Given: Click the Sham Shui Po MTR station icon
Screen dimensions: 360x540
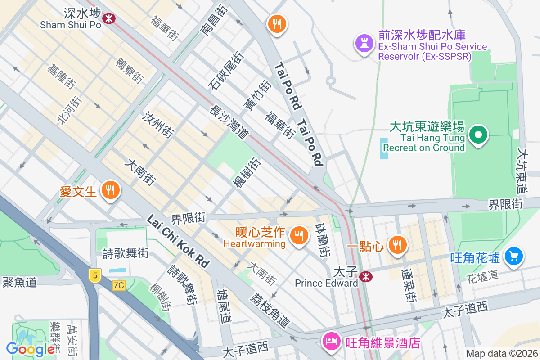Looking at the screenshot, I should (x=108, y=18).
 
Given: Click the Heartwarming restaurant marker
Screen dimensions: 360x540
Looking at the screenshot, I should (x=297, y=234).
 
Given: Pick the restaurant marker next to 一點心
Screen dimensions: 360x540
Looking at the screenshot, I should (x=396, y=245).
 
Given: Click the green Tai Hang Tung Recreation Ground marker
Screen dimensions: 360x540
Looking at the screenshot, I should (x=478, y=135).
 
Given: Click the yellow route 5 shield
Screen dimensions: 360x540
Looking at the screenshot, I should (x=94, y=275).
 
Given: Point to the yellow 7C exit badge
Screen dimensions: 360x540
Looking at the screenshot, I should (x=119, y=285).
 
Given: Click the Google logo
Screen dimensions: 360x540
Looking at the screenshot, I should (x=31, y=349).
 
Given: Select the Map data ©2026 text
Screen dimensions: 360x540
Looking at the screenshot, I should (x=501, y=354).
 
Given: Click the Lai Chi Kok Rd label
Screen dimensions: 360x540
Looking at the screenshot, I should (x=179, y=241).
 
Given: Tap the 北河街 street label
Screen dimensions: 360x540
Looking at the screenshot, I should (x=69, y=110).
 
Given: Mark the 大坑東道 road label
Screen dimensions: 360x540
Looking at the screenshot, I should (x=523, y=166).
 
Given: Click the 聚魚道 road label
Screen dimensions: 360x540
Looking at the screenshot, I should (x=19, y=282).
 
